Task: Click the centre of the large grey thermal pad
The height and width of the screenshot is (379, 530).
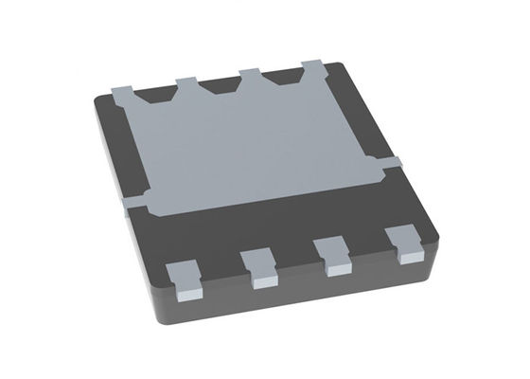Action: [256, 142]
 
